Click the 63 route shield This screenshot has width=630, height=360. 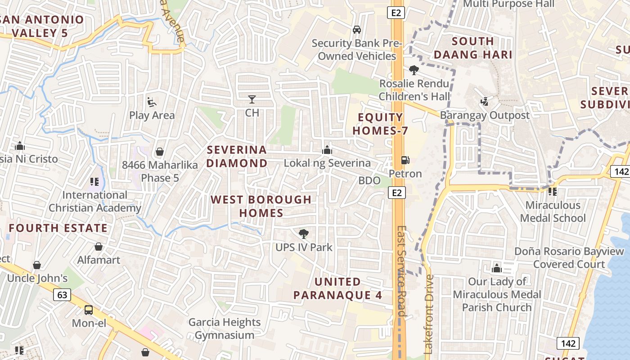(x=62, y=295)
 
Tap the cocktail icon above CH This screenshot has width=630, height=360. (x=252, y=99)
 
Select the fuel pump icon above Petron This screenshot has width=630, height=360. (x=405, y=160)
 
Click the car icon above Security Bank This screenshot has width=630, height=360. (x=357, y=30)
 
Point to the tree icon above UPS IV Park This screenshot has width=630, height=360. (x=304, y=234)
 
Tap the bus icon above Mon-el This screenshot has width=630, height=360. (x=89, y=310)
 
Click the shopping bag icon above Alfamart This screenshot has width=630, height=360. (x=99, y=247)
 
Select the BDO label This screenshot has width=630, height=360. (x=369, y=181)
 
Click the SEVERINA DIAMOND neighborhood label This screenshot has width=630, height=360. (x=237, y=156)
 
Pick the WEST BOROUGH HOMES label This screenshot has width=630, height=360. (x=261, y=206)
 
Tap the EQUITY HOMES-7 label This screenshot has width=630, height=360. (x=380, y=124)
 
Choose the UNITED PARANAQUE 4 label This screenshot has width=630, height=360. (x=337, y=288)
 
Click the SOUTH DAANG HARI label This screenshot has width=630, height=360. (x=473, y=48)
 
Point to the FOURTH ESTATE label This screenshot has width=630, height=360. (x=58, y=228)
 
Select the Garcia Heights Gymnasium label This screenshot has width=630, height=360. (x=225, y=328)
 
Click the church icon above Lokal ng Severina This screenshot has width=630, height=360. (x=327, y=150)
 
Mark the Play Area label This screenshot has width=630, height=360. (x=152, y=115)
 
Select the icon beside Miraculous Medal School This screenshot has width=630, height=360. (x=553, y=192)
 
